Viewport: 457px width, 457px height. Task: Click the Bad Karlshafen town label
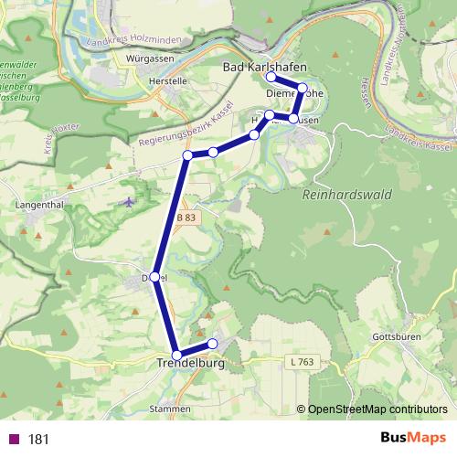tap(265, 68)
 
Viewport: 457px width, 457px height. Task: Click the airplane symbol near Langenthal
tap(128, 200)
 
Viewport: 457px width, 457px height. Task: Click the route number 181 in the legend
tap(38, 439)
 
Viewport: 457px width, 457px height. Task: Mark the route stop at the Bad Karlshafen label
tap(270, 77)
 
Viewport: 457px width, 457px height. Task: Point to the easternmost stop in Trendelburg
tap(213, 344)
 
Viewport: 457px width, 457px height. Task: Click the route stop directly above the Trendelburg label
tap(175, 355)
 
